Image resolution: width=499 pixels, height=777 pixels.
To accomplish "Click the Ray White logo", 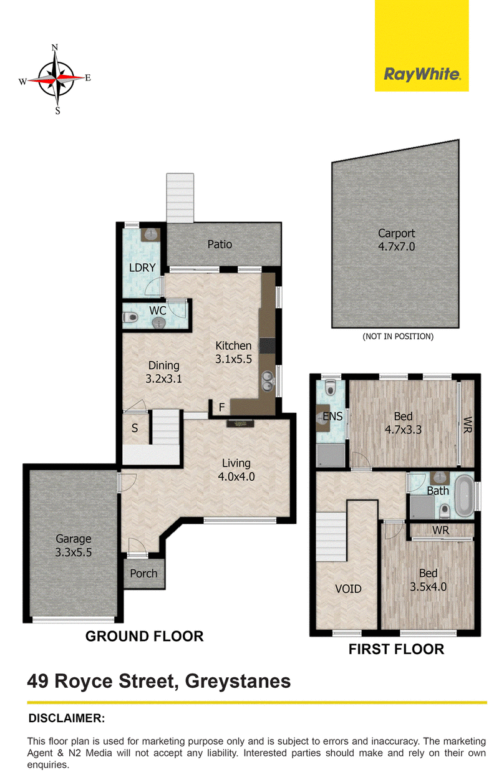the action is click(x=422, y=75).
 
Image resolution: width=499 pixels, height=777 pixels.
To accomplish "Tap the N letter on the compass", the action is click(x=54, y=47).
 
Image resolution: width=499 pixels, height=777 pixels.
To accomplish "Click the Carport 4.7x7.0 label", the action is click(x=396, y=239).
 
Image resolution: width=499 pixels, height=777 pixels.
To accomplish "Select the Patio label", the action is click(x=220, y=244).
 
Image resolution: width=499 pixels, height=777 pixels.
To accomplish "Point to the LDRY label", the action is click(x=142, y=268).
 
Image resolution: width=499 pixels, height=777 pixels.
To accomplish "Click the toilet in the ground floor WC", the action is click(x=130, y=317).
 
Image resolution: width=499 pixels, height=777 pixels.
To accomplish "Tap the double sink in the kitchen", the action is click(x=267, y=380).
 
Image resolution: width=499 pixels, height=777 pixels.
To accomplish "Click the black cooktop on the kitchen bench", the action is click(x=267, y=345).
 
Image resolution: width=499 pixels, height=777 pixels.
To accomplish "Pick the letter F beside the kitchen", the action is click(x=221, y=407).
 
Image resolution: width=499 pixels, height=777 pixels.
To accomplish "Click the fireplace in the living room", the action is click(x=240, y=423).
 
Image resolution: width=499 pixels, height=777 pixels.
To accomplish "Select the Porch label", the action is click(x=143, y=573).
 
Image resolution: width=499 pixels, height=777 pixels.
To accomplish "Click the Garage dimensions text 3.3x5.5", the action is click(x=74, y=552).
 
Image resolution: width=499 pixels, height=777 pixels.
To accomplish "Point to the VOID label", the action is click(x=348, y=589).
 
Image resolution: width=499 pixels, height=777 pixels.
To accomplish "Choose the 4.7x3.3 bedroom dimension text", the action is click(x=403, y=430).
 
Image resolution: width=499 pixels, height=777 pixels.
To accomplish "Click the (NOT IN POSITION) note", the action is click(x=398, y=336).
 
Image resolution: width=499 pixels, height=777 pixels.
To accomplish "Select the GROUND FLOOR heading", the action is click(x=144, y=637).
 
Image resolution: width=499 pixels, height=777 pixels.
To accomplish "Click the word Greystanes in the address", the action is click(x=238, y=682).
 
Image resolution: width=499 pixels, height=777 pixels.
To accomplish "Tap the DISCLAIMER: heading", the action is click(x=67, y=718).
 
